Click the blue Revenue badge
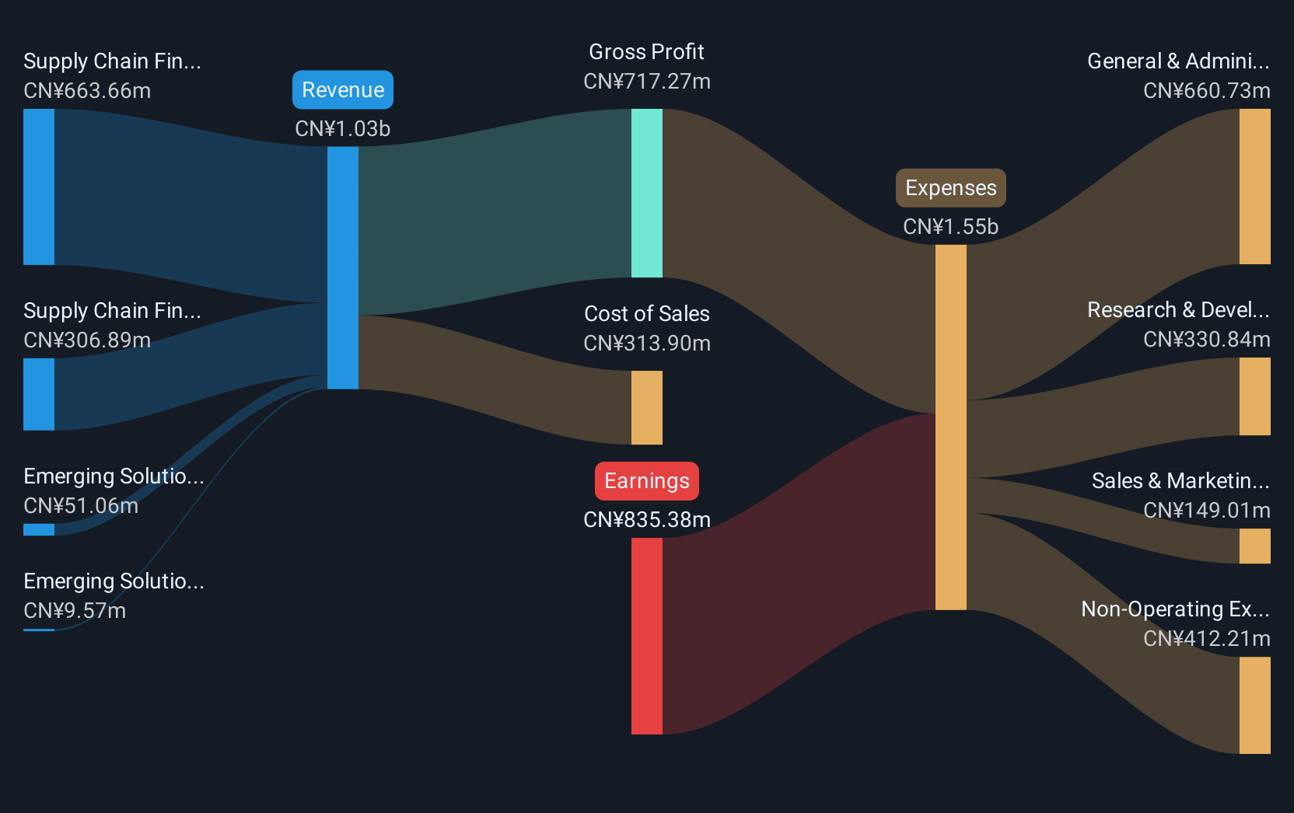pyautogui.click(x=343, y=89)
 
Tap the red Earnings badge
pyautogui.click(x=647, y=481)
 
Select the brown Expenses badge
pyautogui.click(x=951, y=187)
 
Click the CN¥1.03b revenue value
pyautogui.click(x=343, y=129)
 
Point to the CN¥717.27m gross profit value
pyautogui.click(x=647, y=82)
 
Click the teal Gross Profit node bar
pyautogui.click(x=647, y=194)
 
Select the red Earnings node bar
pyautogui.click(x=647, y=637)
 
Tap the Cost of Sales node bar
pyautogui.click(x=647, y=407)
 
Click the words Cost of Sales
pyautogui.click(x=647, y=313)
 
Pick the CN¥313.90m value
pyautogui.click(x=647, y=344)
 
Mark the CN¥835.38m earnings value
pyautogui.click(x=647, y=520)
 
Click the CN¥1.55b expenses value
pyautogui.click(x=951, y=227)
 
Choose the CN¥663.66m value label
pyautogui.click(x=87, y=91)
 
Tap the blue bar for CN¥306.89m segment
pyautogui.click(x=39, y=394)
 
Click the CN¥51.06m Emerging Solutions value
pyautogui.click(x=81, y=506)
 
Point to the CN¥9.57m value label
pyautogui.click(x=75, y=610)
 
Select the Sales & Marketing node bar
pyautogui.click(x=1254, y=546)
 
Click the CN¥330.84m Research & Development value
pyautogui.click(x=1207, y=340)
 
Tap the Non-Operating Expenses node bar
pyautogui.click(x=1254, y=706)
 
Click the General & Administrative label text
pyautogui.click(x=1178, y=61)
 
